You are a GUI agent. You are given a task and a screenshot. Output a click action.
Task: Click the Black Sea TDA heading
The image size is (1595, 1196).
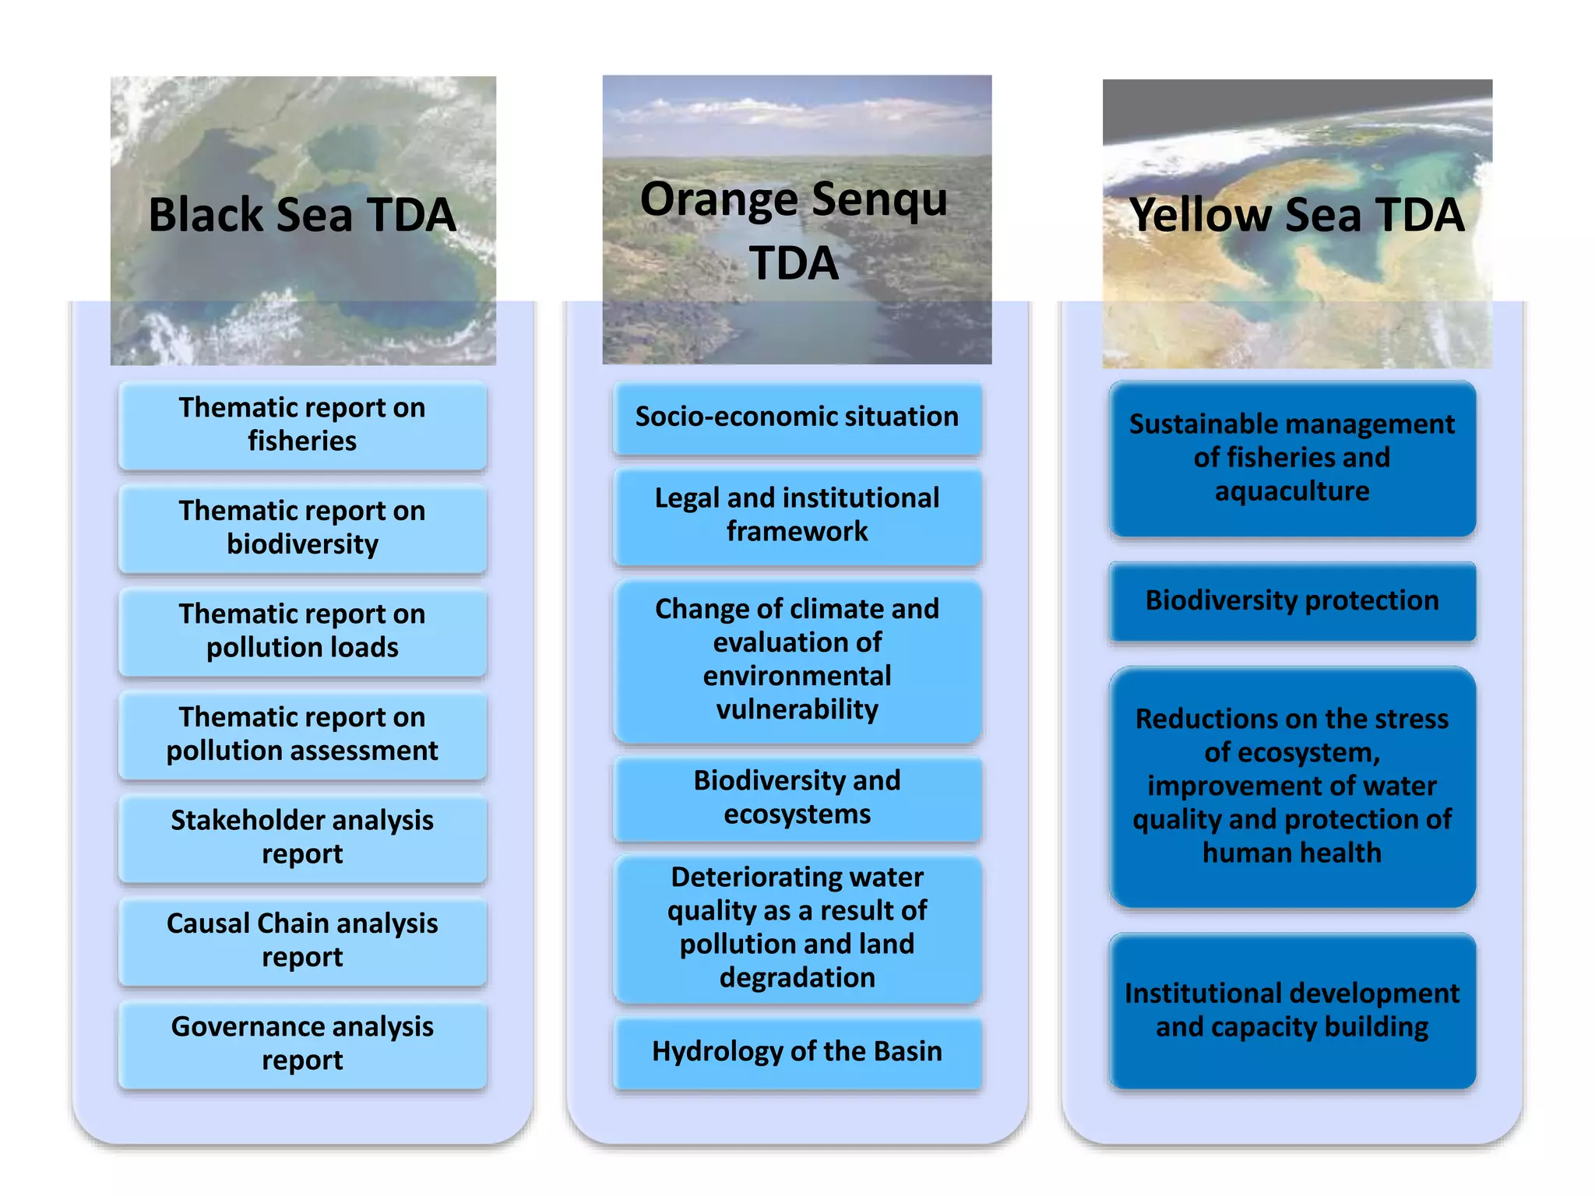[x=302, y=215]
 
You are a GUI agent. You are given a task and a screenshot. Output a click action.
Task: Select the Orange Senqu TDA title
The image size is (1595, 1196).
[x=794, y=230]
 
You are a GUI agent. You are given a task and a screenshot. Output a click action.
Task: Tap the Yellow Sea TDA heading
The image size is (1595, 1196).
[x=1297, y=215]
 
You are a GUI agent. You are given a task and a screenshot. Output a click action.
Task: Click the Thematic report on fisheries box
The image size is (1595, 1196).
[x=302, y=424]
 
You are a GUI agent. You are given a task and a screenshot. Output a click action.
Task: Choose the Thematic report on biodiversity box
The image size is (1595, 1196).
[x=302, y=527]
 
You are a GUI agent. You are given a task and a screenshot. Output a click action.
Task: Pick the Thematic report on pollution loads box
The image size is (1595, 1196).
[x=302, y=631]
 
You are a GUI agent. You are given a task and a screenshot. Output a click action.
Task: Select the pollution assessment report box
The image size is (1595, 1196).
[x=302, y=733]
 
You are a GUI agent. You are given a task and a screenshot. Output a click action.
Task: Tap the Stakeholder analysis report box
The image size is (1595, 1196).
[x=302, y=837]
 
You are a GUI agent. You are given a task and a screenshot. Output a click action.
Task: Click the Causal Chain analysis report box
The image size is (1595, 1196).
[x=302, y=940]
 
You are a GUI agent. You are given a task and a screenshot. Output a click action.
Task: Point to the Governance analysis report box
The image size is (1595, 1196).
[x=302, y=1043]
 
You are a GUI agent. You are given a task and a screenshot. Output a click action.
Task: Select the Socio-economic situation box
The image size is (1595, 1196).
[x=797, y=417]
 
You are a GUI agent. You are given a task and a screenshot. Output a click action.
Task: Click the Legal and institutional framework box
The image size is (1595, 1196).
[x=797, y=515]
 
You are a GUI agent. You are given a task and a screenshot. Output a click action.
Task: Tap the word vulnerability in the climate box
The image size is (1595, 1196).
[x=797, y=709]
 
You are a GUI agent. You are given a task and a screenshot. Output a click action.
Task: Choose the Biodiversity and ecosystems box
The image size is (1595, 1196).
[x=797, y=797]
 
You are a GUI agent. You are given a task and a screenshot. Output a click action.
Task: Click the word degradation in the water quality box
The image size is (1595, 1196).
[x=797, y=977]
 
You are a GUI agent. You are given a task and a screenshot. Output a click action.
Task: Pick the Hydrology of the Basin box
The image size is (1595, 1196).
[x=797, y=1051]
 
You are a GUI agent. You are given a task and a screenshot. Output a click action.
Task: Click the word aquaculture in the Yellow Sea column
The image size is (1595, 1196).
[x=1292, y=491]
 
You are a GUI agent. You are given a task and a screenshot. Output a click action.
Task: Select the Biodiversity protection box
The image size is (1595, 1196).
[x=1292, y=600]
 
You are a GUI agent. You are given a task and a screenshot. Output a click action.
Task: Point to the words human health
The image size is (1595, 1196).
[x=1292, y=853]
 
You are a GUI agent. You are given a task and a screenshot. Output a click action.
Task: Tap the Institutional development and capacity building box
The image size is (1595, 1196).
[x=1292, y=1010]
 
